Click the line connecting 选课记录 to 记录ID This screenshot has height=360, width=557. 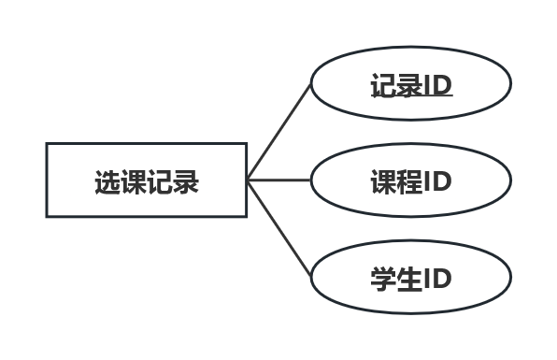(278, 132)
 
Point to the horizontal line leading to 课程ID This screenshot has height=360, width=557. (278, 180)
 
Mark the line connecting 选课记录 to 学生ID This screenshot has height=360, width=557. (278, 227)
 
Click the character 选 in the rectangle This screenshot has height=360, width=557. (107, 180)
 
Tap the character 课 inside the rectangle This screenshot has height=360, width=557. (134, 180)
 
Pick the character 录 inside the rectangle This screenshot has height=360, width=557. (186, 180)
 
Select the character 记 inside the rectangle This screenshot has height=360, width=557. (160, 180)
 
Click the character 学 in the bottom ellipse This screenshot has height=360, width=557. (384, 279)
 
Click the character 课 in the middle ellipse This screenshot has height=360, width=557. (384, 180)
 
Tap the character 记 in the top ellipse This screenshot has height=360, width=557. (384, 86)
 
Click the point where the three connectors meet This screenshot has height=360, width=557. (249, 180)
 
